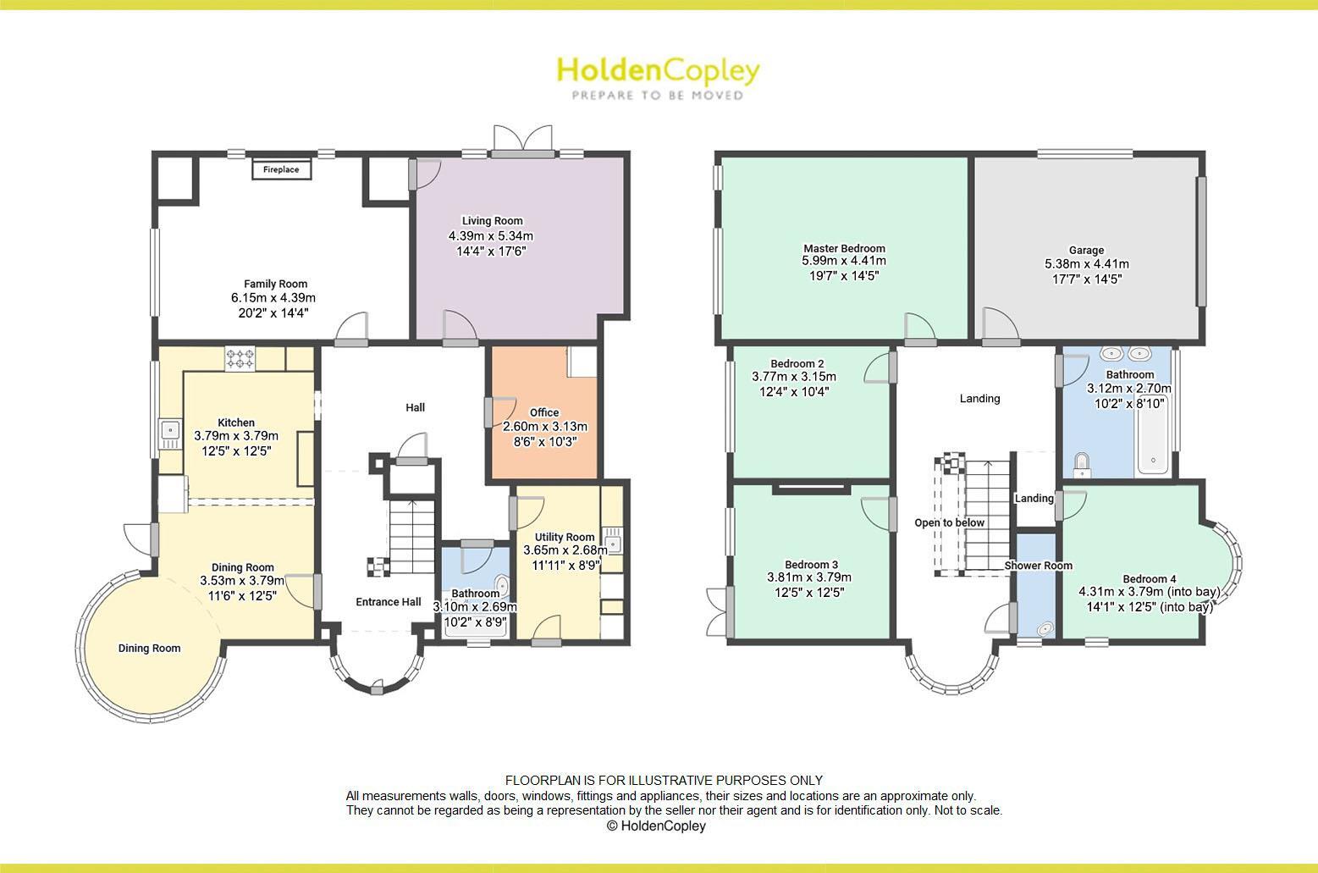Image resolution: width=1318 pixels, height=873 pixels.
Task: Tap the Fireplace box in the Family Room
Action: pos(281,170)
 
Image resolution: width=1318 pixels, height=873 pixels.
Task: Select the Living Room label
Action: pos(492,221)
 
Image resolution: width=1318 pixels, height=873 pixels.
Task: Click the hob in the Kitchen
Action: pos(240,359)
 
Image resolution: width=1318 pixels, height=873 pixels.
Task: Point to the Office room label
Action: pos(544,412)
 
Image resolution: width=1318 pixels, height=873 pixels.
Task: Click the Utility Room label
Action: pos(565,537)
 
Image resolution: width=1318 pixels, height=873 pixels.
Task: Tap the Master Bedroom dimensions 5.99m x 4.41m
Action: pos(844,262)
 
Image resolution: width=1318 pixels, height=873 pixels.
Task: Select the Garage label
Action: pos(1086,250)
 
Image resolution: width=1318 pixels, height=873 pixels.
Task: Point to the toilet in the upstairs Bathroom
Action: pos(1081,464)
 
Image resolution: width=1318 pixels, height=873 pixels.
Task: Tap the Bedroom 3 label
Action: pos(811,565)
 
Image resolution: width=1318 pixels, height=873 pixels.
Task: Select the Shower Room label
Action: pos(1038,566)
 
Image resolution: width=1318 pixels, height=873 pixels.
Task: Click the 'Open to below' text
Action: pos(949,522)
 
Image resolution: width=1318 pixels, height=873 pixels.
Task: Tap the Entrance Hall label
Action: pos(388,602)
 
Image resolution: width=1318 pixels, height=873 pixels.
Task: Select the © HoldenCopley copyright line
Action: pos(656,826)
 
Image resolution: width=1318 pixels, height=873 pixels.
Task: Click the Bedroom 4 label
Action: pos(1149,579)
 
